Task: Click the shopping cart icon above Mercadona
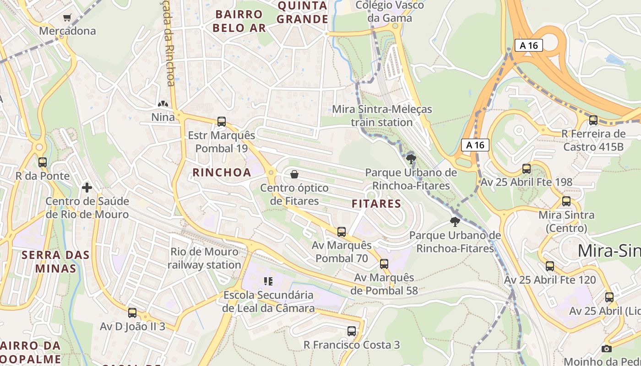pos(67,18)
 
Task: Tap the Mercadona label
pos(67,31)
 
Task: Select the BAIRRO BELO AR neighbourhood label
pos(239,21)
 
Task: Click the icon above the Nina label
pos(163,104)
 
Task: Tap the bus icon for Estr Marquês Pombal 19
pos(222,122)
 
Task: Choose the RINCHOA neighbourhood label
pos(222,172)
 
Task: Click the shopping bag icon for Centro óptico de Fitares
pos(294,174)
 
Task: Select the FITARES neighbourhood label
pos(376,204)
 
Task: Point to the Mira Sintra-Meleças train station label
pos(382,116)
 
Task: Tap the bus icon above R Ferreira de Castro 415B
pos(593,121)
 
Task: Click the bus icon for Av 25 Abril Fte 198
pos(527,169)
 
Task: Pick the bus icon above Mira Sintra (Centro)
pos(566,201)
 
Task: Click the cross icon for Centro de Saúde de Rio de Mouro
pos(87,188)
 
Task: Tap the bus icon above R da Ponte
pos(43,162)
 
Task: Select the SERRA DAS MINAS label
pos(55,262)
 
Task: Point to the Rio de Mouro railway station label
pos(204,258)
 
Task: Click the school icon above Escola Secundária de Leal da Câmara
pos(268,281)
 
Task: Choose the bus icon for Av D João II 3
pos(132,313)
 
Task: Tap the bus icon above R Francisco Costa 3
pos(352,331)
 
